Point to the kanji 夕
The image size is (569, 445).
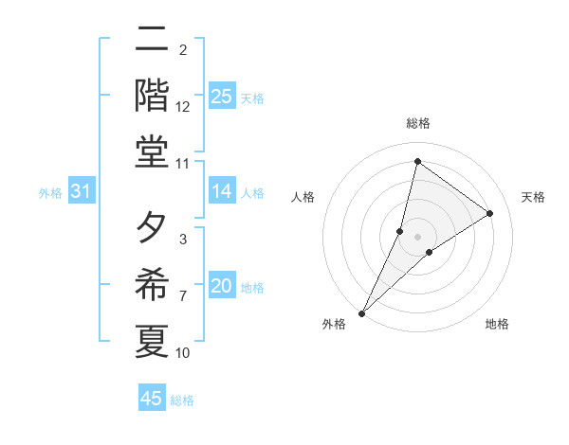tap(152, 227)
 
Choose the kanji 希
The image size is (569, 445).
tap(152, 284)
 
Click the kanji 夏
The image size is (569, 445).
tap(152, 341)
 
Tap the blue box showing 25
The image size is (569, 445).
tap(222, 97)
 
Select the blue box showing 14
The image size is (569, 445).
tap(222, 192)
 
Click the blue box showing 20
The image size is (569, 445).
tap(222, 286)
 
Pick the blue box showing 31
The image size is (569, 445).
tap(81, 192)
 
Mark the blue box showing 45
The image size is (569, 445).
tap(152, 399)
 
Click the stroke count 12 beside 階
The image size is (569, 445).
tap(183, 107)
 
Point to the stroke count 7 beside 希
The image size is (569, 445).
tap(183, 296)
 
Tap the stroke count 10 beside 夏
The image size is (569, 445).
tap(183, 353)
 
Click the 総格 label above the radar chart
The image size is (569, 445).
tap(417, 123)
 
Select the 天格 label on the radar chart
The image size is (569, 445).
tap(533, 197)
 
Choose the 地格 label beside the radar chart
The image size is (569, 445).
tap(497, 324)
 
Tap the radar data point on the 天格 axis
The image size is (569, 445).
tap(490, 213)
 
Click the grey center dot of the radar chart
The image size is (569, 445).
tap(417, 236)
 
